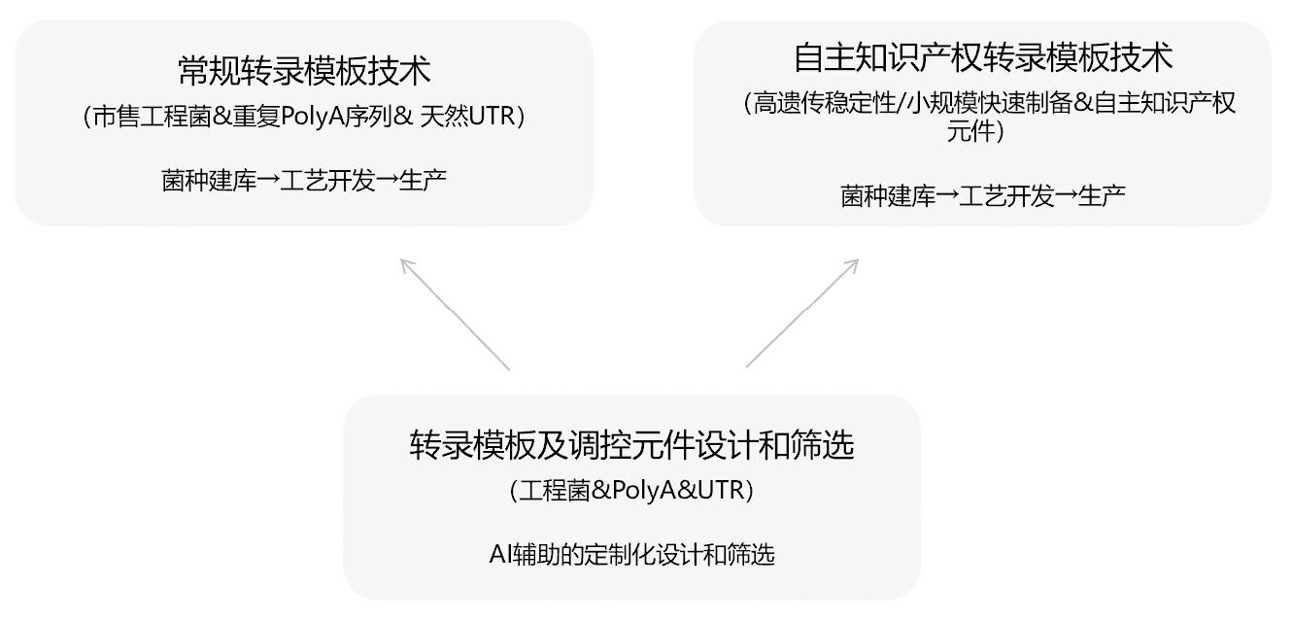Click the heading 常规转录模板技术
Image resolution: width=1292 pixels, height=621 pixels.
304,70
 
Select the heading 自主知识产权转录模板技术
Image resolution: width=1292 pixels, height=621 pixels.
983,57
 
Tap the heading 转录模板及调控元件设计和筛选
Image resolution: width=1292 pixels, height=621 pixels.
631,446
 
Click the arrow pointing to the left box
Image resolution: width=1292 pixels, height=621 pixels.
454,313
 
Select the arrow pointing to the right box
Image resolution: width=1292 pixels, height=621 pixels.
802,313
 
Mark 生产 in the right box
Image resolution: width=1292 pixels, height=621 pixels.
1102,195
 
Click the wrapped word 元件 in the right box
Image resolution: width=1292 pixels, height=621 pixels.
971,132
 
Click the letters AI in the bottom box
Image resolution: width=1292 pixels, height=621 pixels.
499,556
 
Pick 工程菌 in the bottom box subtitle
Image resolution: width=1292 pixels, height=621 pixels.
552,492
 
